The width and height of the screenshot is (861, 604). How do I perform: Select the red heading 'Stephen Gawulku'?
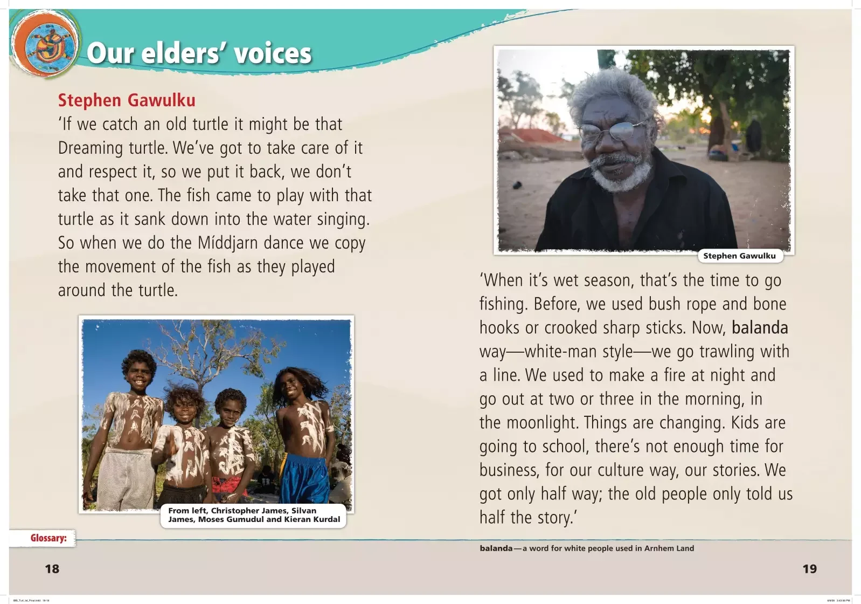point(127,100)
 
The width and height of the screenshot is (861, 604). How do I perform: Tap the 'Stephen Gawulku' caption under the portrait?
point(740,256)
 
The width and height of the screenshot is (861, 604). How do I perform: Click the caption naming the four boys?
point(254,515)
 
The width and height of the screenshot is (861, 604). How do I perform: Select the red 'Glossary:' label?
point(48,538)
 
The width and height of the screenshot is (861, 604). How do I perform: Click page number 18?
point(52,569)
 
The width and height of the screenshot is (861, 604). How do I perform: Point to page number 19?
point(809,569)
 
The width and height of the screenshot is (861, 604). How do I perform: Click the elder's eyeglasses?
point(611,130)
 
